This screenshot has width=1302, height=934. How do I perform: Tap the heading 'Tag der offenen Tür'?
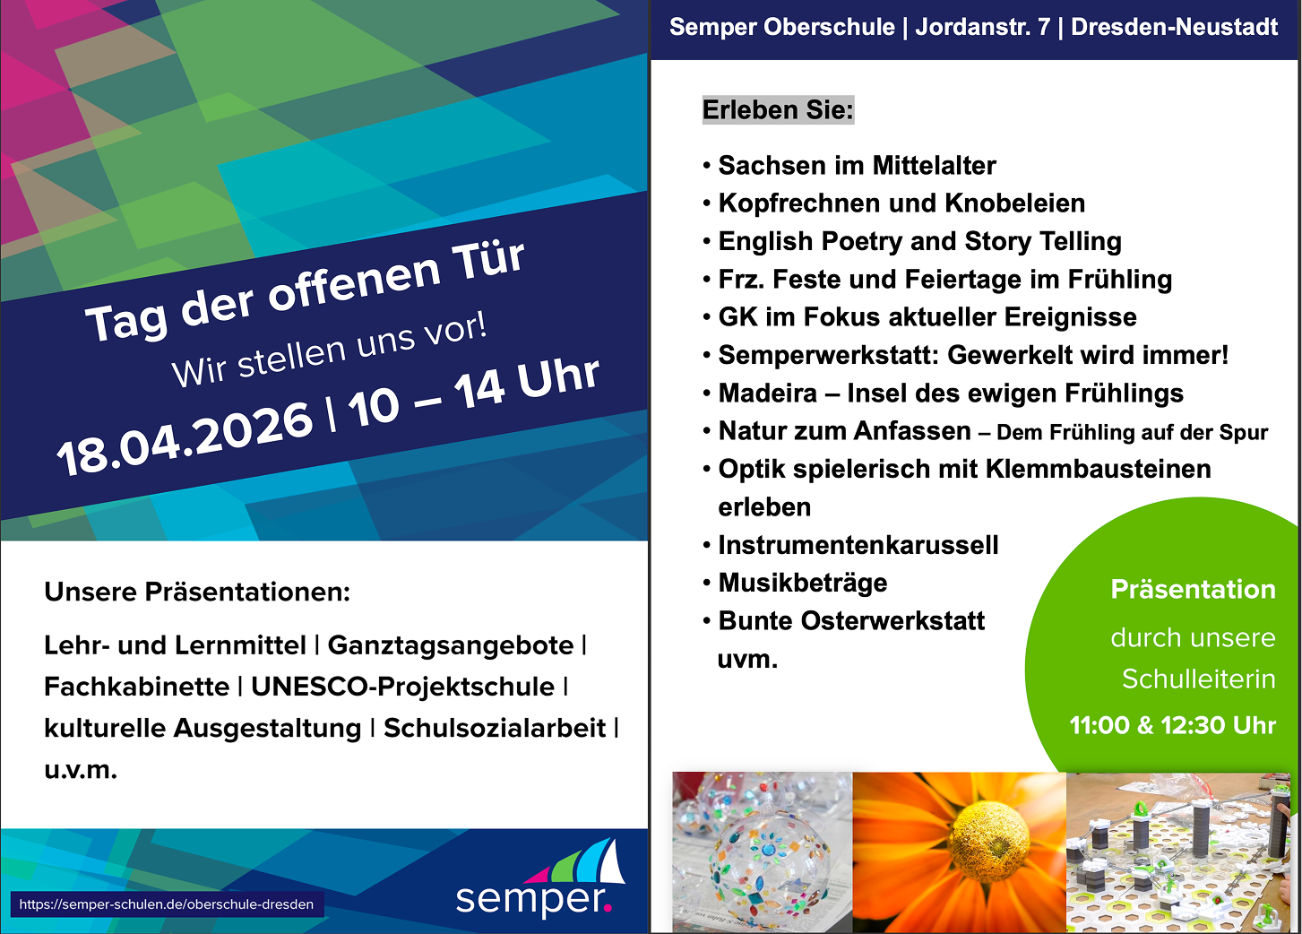[306, 290]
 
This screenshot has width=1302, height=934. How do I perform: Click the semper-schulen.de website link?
[167, 904]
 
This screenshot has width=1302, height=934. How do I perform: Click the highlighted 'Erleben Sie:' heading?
[778, 110]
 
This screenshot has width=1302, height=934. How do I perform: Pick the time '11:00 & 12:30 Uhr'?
[1172, 725]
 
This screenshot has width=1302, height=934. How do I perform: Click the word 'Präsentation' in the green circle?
[1193, 589]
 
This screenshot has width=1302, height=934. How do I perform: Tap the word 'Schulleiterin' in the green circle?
[1199, 679]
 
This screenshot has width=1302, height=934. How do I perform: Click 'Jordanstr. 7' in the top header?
[983, 27]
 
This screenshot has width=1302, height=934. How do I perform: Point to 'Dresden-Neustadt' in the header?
[1174, 27]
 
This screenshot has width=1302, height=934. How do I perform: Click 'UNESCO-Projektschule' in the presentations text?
[402, 687]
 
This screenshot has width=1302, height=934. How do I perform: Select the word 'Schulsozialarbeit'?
[494, 728]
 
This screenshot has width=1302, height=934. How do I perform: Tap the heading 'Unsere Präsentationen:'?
[197, 592]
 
